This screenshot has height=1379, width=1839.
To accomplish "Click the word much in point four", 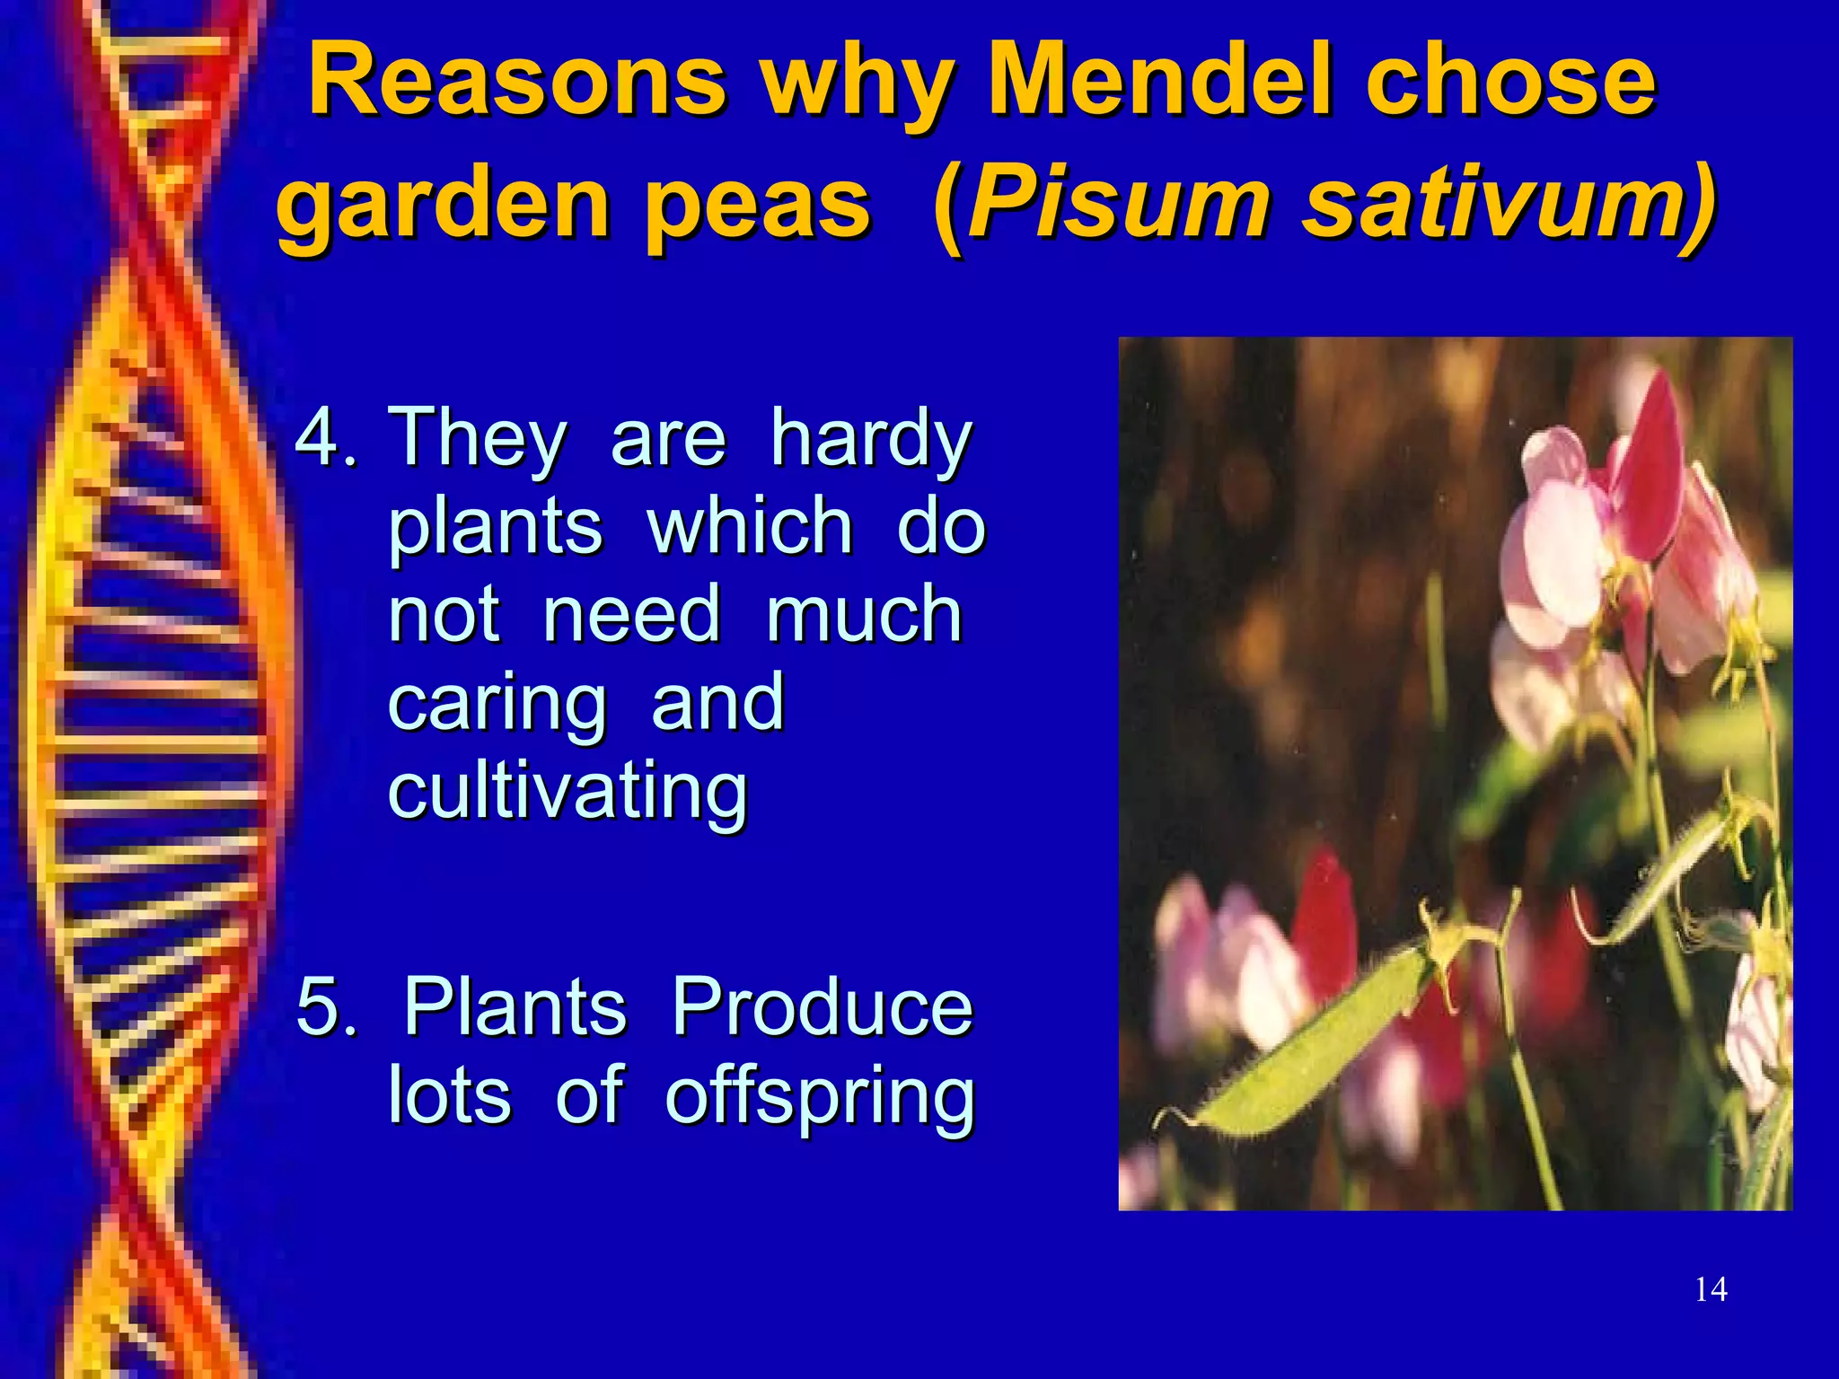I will click(x=864, y=615).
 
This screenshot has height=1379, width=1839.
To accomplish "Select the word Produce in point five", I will click(x=822, y=1007).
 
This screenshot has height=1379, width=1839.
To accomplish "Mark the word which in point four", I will click(x=750, y=527).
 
